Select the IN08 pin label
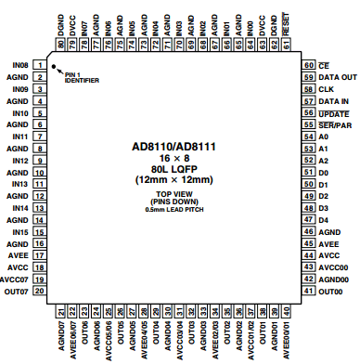point(18,65)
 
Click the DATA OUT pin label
point(338,77)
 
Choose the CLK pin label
point(326,89)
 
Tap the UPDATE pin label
point(333,112)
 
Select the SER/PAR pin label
point(335,124)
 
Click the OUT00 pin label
point(332,292)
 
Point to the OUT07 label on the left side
point(17,292)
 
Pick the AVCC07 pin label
point(14,279)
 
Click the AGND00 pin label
point(334,279)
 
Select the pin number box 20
point(39,292)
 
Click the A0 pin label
point(323,136)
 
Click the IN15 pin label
point(18,231)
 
